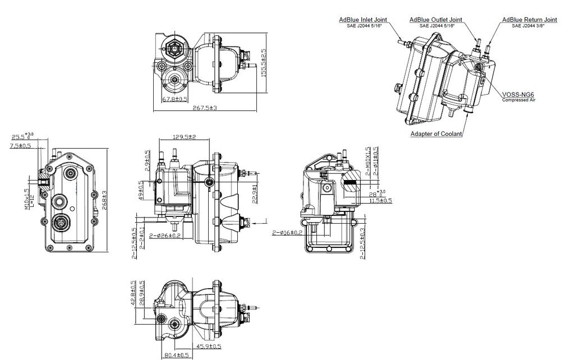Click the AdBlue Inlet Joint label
pos(363,20)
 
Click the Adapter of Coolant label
pos(436,133)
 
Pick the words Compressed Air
pos(518,100)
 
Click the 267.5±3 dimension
pos(205,108)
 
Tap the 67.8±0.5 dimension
pos(174,99)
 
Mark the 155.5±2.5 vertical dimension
pos(263,66)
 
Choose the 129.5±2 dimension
pos(186,137)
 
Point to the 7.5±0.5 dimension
pos(20,146)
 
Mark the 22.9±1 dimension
pos(255,194)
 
